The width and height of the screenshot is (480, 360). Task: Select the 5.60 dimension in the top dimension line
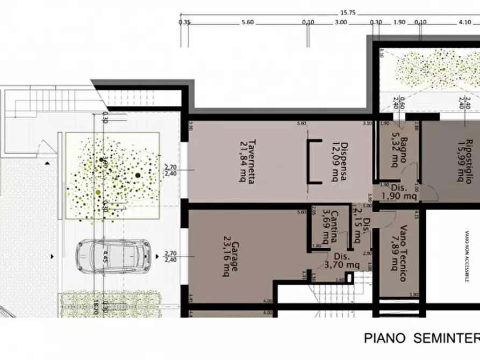point(248,22)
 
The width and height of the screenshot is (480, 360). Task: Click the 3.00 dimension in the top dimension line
point(340,22)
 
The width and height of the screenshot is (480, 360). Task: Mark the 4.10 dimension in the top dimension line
point(465,22)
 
